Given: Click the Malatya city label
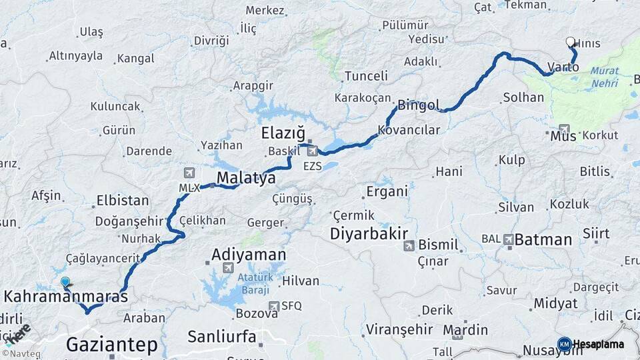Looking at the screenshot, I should pyautogui.click(x=246, y=178).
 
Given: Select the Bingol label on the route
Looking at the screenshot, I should pyautogui.click(x=419, y=105).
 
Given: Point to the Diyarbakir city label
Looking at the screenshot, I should pyautogui.click(x=369, y=234).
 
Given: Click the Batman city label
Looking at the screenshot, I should pyautogui.click(x=543, y=240).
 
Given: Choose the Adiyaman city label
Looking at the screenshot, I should pyautogui.click(x=249, y=255).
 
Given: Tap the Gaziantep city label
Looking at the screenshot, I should pyautogui.click(x=112, y=344).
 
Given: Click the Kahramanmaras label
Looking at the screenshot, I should pyautogui.click(x=66, y=297).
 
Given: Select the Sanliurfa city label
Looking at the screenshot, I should pyautogui.click(x=221, y=337).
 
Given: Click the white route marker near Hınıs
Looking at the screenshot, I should pyautogui.click(x=570, y=42).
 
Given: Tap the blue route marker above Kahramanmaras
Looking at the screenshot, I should pyautogui.click(x=65, y=282).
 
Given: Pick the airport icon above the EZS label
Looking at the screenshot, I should pyautogui.click(x=312, y=151).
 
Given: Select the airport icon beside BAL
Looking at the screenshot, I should pyautogui.click(x=509, y=239).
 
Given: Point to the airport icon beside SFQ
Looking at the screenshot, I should pyautogui.click(x=273, y=306).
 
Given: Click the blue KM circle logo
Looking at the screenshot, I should pyautogui.click(x=564, y=344).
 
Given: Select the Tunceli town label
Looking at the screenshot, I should pyautogui.click(x=366, y=77).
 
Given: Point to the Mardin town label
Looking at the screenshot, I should pyautogui.click(x=465, y=330).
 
